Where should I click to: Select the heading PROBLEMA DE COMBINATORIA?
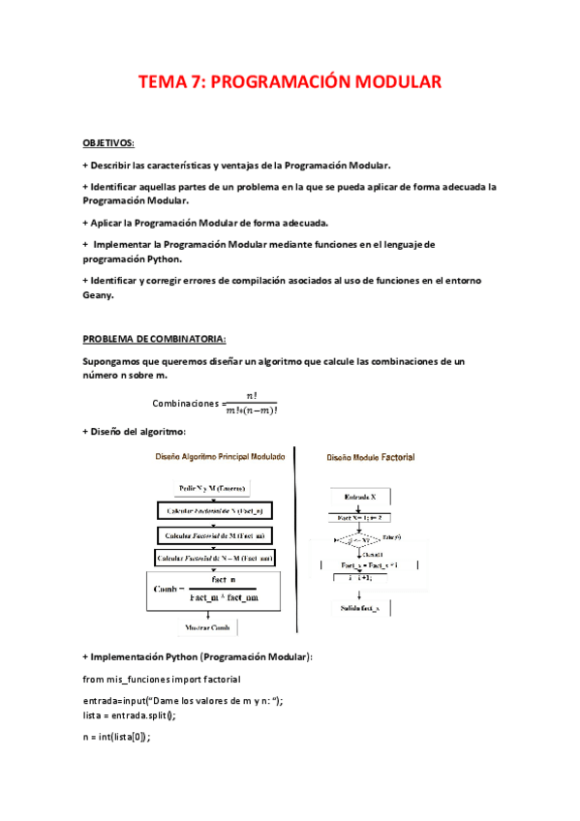154,339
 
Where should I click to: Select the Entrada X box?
360,497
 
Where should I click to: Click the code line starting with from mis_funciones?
162,679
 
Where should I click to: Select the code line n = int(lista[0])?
117,737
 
